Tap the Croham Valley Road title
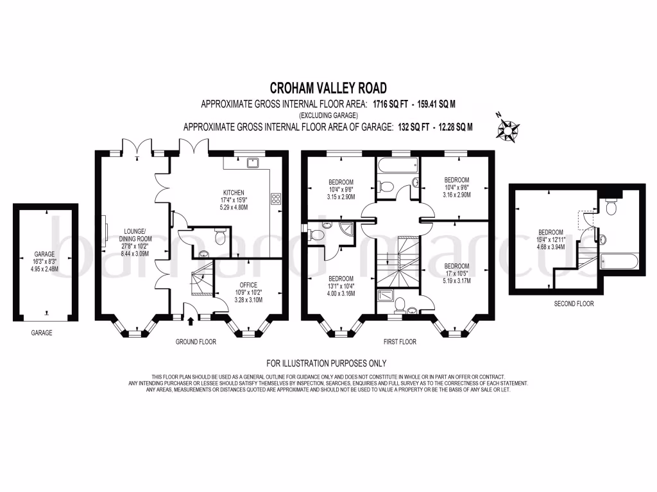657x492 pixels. pyautogui.click(x=328, y=88)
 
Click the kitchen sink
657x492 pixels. pyautogui.click(x=253, y=162)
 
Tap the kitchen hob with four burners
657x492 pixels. pyautogui.click(x=276, y=199)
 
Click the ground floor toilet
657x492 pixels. pyautogui.click(x=219, y=237)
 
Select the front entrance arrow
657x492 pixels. pyautogui.click(x=191, y=322)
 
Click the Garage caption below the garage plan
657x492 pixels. pyautogui.click(x=42, y=332)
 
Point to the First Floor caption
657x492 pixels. pyautogui.click(x=400, y=342)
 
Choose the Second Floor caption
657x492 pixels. pyautogui.click(x=574, y=304)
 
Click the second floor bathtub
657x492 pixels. pyautogui.click(x=619, y=262)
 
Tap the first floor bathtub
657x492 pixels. pyautogui.click(x=398, y=166)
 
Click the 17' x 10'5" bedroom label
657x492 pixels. pyautogui.click(x=457, y=273)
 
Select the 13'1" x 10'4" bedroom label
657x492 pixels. pyautogui.click(x=341, y=286)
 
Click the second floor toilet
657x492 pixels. pyautogui.click(x=611, y=206)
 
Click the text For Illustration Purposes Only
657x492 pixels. pyautogui.click(x=327, y=363)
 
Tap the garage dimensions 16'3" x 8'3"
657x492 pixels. pyautogui.click(x=44, y=261)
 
